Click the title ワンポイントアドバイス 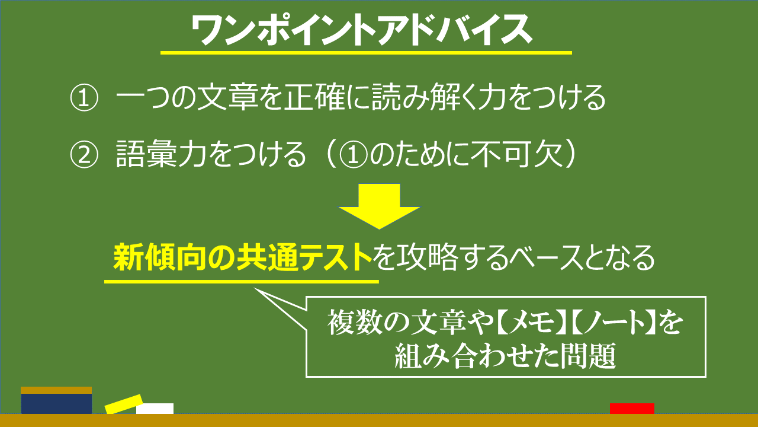click(x=361, y=30)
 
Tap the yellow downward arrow click(x=380, y=206)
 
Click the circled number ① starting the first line click(x=84, y=98)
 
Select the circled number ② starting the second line click(x=84, y=155)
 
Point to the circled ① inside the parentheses click(x=354, y=155)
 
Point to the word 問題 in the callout click(x=588, y=356)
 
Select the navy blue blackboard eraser click(x=56, y=400)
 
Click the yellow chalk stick click(x=124, y=404)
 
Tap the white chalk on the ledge click(x=155, y=409)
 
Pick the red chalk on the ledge click(x=632, y=409)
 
